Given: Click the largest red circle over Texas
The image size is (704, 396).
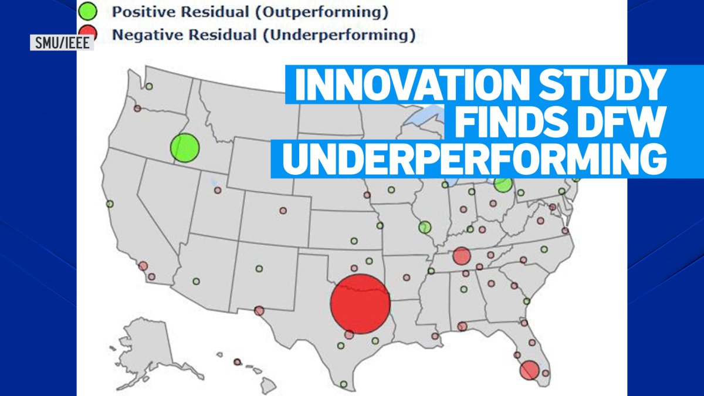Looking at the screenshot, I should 360,304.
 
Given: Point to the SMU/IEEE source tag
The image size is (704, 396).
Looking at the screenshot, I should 62,42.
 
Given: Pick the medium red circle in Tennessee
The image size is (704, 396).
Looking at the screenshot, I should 462,256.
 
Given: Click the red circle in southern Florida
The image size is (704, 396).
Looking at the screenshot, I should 529,369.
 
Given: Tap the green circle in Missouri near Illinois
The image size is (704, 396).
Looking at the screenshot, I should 425,226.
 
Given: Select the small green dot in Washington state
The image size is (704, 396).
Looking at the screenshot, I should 149,86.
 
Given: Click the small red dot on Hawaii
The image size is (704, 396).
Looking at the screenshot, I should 238,362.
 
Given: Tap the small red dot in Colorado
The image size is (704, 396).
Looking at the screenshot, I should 283,210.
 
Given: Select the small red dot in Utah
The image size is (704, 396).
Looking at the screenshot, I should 218,190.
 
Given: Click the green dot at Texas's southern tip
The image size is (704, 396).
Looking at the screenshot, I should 343,384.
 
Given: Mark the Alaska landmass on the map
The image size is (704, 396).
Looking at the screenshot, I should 147,343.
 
